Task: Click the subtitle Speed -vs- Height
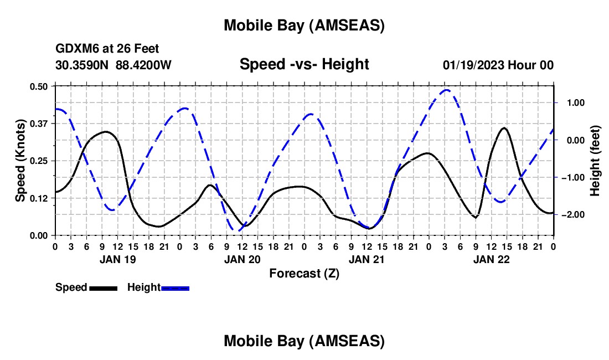(304, 64)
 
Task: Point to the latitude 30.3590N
(82, 65)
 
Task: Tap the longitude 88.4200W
(143, 65)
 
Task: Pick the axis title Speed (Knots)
(20, 161)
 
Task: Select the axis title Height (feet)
(595, 161)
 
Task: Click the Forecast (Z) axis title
(304, 273)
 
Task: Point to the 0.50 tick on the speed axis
(39, 86)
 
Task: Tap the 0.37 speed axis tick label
(39, 123)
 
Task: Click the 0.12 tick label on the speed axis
(39, 198)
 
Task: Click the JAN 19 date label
(117, 259)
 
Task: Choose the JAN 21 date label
(367, 259)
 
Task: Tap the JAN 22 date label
(491, 259)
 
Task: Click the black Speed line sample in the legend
(103, 288)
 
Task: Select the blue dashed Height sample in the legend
(175, 288)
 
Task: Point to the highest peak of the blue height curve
(447, 90)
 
